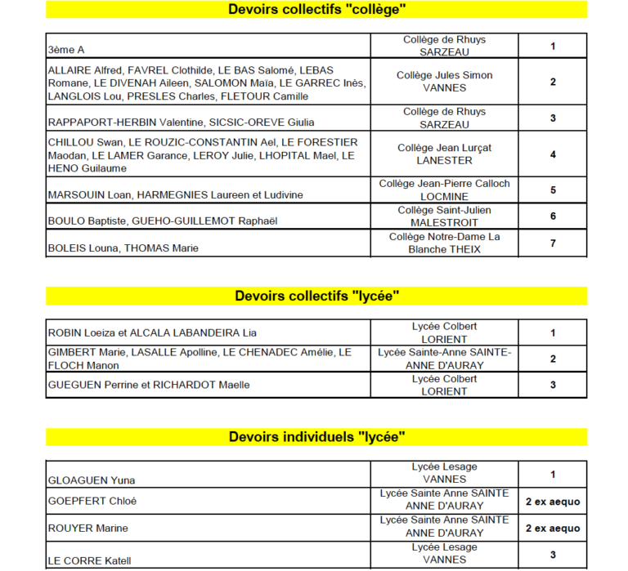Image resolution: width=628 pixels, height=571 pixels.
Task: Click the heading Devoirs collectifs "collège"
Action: [316, 10]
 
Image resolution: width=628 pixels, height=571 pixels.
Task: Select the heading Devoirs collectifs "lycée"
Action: [316, 296]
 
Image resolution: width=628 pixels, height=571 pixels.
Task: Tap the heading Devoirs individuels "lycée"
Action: [316, 437]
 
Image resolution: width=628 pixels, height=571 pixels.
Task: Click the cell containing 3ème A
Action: [66, 50]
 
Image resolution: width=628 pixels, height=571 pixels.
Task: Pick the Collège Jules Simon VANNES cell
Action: [444, 82]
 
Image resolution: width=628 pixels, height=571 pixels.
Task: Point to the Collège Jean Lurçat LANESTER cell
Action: [444, 154]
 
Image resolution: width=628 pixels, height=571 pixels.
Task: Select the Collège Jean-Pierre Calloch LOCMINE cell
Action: [444, 190]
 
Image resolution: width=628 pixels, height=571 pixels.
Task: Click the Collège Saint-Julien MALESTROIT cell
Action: [444, 216]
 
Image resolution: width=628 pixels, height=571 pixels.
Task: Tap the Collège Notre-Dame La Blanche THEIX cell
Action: [444, 243]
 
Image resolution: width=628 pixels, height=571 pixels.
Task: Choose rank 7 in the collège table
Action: [553, 243]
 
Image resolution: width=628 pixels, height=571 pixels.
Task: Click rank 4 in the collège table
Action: [553, 154]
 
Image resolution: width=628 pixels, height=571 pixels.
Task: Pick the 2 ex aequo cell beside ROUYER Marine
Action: [553, 529]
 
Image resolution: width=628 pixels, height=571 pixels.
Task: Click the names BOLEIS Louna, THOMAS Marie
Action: [123, 248]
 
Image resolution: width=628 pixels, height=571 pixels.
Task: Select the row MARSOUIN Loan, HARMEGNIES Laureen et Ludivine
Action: [175, 195]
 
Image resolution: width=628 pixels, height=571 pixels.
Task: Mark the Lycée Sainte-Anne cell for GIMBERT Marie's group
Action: [444, 359]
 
